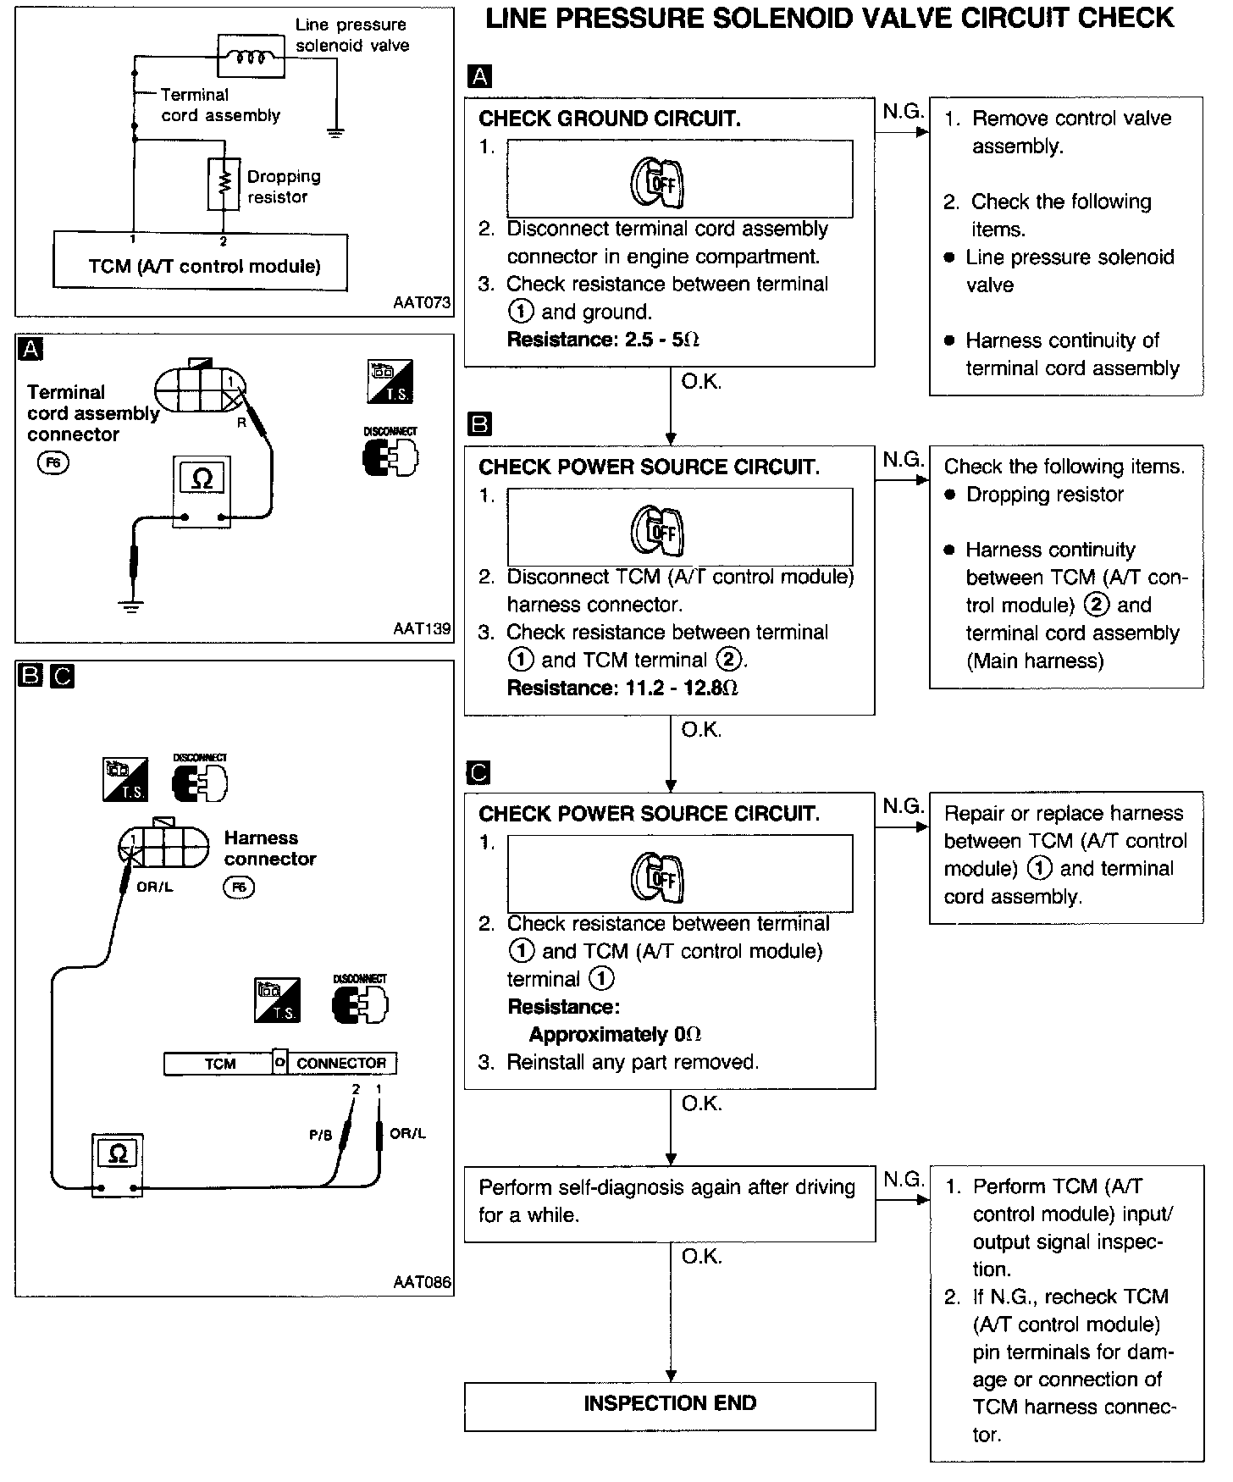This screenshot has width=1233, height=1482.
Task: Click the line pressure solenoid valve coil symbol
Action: [x=251, y=57]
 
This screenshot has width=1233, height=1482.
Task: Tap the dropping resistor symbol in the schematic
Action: [x=224, y=184]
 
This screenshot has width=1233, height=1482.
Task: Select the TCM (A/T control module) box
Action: [x=200, y=262]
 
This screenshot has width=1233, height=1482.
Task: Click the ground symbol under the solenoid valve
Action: [x=336, y=132]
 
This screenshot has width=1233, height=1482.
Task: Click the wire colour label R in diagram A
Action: [x=241, y=422]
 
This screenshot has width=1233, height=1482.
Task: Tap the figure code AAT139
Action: [x=422, y=629]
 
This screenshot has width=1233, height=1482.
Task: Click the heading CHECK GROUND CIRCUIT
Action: [x=610, y=119]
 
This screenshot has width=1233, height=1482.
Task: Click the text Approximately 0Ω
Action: [x=615, y=1035]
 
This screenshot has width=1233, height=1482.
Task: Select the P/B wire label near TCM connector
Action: [x=321, y=1136]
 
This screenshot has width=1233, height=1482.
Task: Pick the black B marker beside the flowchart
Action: [x=479, y=423]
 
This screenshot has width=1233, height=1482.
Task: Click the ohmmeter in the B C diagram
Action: [x=118, y=1165]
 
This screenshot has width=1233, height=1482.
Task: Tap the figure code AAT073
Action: [x=422, y=302]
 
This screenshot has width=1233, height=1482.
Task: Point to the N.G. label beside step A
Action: [x=902, y=111]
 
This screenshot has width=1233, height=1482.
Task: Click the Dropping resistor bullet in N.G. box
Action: [x=1044, y=495]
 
